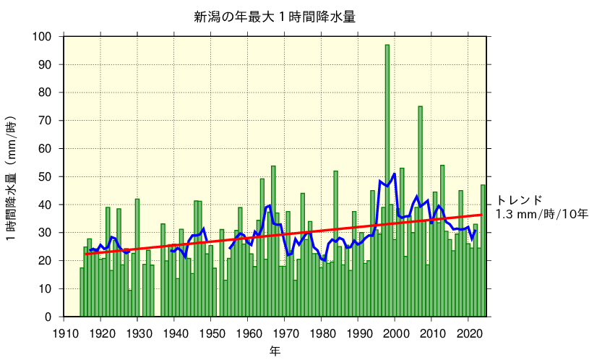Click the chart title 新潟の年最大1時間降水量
pyautogui.click(x=275, y=17)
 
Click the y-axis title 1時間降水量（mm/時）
pyautogui.click(x=13, y=178)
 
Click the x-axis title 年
pyautogui.click(x=275, y=351)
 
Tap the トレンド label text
pyautogui.click(x=518, y=200)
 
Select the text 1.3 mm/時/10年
pyautogui.click(x=542, y=214)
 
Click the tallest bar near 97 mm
pyautogui.click(x=387, y=181)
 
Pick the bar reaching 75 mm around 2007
pyautogui.click(x=421, y=210)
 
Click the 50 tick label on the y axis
pyautogui.click(x=46, y=177)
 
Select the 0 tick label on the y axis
pyautogui.click(x=48, y=317)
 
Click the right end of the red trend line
pyautogui.click(x=481, y=215)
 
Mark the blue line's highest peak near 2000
pyautogui.click(x=395, y=173)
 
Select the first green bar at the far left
pyautogui.click(x=82, y=293)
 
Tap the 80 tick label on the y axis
pyautogui.click(x=46, y=93)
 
